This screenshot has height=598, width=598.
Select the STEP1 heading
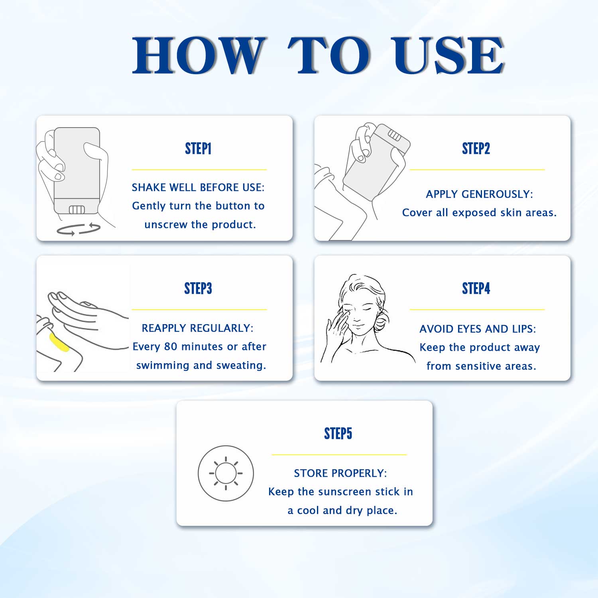(198, 149)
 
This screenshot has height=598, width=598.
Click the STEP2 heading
(476, 149)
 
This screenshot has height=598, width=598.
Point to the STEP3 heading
(198, 288)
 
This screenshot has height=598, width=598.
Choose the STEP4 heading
(476, 288)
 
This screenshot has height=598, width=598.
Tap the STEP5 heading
(338, 433)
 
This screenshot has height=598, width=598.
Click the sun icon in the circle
(226, 473)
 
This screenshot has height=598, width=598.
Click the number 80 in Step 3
(171, 346)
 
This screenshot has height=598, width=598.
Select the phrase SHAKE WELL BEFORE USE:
(198, 187)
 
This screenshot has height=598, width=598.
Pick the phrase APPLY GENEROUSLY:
(479, 194)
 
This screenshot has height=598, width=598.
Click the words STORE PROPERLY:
(340, 473)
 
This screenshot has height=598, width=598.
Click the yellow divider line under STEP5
(339, 454)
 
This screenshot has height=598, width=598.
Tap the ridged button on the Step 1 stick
(77, 210)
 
